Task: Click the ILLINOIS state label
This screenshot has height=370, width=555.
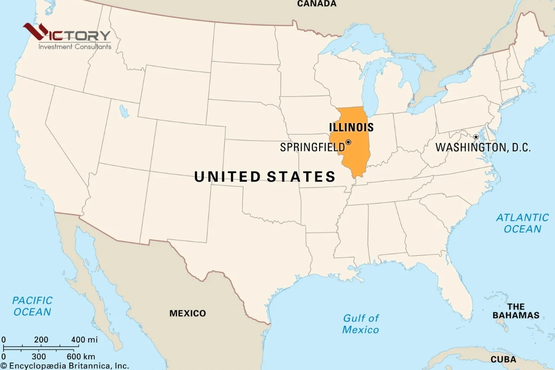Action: coord(351,127)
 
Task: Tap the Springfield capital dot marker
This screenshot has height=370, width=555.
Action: coord(348,142)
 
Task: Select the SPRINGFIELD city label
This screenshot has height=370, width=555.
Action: coord(312,148)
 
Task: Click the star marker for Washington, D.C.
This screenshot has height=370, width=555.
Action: coord(476,137)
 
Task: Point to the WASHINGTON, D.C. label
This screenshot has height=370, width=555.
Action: coord(483,148)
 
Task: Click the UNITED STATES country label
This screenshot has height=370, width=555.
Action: coord(265,177)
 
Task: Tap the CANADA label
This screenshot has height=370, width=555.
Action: coord(317,4)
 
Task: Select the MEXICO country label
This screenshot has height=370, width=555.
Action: coord(187,313)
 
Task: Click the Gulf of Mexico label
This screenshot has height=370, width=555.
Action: coord(360,324)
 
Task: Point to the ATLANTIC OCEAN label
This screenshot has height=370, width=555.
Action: coord(522,223)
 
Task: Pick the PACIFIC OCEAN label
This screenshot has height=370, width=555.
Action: coord(32,306)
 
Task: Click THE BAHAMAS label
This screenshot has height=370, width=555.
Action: coord(516,311)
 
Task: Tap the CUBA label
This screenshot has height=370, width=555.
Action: coord(503,359)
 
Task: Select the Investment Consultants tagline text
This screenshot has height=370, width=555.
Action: coord(74,47)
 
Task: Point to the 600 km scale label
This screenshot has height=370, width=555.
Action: coord(80,356)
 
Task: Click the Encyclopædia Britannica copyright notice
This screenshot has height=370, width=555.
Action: coord(64,365)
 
